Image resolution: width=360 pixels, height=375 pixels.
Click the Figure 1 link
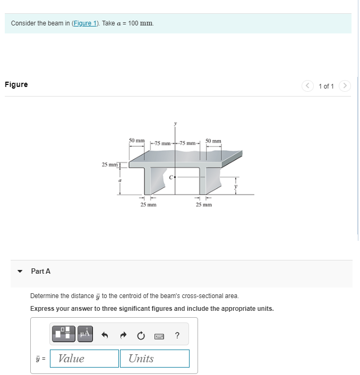(x=85, y=24)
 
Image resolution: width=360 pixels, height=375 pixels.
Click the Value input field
(x=84, y=359)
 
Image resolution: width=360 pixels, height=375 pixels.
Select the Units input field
(x=155, y=359)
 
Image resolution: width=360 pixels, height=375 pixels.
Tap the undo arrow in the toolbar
(x=105, y=335)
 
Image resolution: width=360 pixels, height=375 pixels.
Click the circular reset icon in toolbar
(x=141, y=335)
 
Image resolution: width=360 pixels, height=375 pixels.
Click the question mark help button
(x=177, y=335)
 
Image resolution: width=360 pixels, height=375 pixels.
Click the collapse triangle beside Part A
(x=20, y=272)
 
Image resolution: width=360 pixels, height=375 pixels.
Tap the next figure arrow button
(x=345, y=85)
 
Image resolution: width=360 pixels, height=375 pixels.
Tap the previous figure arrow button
(x=307, y=85)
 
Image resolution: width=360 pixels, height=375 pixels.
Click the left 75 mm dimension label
(x=162, y=143)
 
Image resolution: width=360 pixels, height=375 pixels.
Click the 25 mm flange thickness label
(x=110, y=164)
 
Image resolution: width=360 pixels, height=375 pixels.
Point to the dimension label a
(x=120, y=181)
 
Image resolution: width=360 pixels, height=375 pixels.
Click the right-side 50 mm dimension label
(x=213, y=141)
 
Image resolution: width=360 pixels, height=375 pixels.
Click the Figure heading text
(x=16, y=84)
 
